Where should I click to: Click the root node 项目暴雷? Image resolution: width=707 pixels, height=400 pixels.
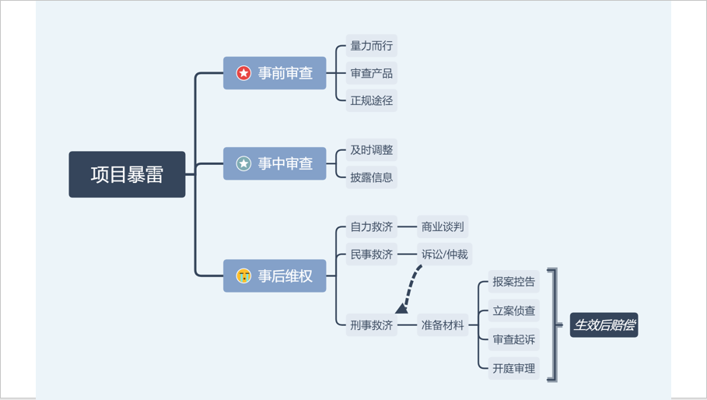tap(127, 174)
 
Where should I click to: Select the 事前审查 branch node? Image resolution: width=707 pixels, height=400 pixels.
tap(275, 73)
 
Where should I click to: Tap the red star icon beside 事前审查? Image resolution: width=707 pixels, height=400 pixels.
tap(244, 73)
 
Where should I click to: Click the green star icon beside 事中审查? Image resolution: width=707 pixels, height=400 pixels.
tap(244, 163)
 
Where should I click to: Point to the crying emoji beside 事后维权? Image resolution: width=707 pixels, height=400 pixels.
tap(244, 275)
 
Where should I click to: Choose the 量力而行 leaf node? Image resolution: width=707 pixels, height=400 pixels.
tap(371, 46)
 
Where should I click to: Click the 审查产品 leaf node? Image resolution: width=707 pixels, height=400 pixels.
tap(371, 73)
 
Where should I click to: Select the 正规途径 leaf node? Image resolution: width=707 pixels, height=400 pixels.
tap(371, 100)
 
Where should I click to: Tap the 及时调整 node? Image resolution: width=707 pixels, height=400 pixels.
tap(371, 150)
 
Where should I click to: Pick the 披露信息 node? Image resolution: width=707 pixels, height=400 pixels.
tap(371, 177)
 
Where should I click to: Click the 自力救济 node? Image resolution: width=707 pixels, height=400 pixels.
tap(371, 227)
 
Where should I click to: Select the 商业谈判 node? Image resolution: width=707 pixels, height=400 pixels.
tap(443, 227)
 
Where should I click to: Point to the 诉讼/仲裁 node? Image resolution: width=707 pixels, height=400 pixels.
tap(445, 254)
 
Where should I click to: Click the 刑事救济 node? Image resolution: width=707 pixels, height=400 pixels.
tap(371, 325)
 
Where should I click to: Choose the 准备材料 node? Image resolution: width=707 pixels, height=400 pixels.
tap(443, 325)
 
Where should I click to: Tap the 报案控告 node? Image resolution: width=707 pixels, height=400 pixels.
tap(513, 282)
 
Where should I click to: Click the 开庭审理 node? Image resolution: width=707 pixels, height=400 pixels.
tap(513, 368)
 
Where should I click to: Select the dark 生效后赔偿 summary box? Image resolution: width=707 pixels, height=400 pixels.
tap(604, 325)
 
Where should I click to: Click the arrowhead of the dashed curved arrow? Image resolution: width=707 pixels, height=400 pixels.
tap(401, 309)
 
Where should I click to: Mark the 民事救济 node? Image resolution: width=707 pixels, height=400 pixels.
tap(371, 254)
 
